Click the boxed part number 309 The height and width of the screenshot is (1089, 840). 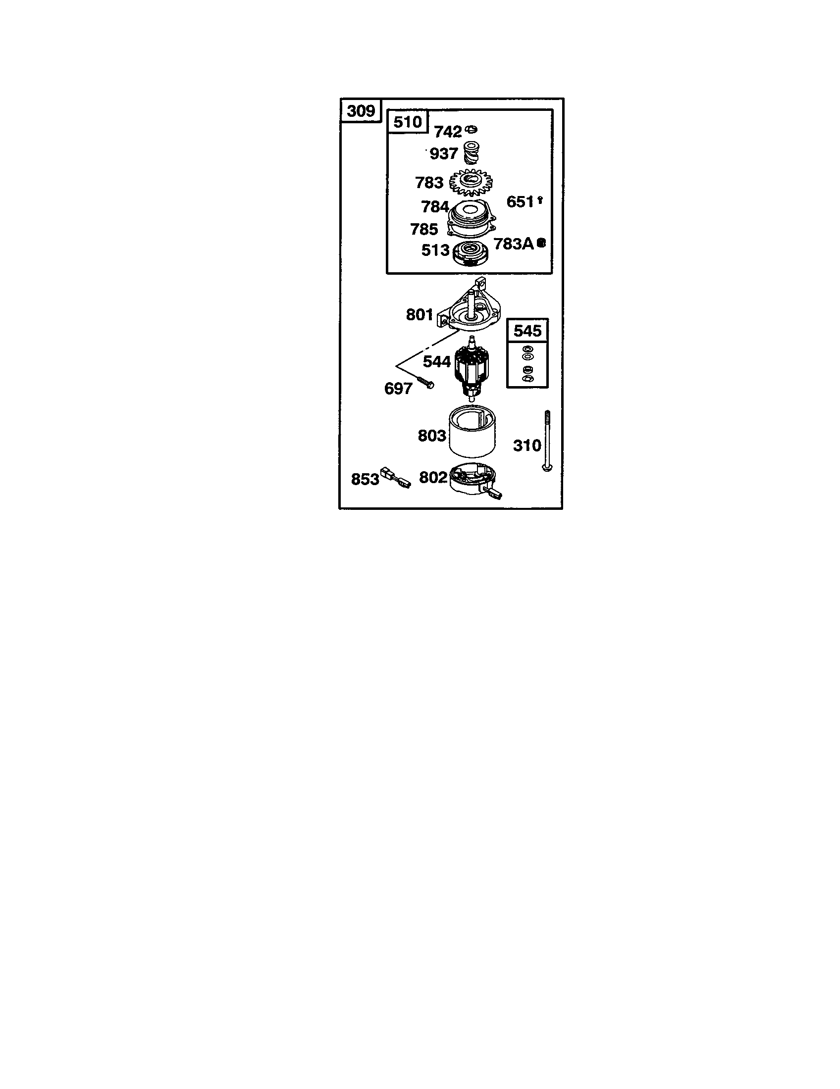[361, 110]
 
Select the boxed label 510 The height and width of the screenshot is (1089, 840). [408, 122]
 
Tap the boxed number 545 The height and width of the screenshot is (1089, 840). [527, 331]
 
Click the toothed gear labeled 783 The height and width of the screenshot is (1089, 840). [471, 183]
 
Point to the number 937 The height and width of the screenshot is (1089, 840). [443, 153]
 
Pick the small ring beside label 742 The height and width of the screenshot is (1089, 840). [471, 130]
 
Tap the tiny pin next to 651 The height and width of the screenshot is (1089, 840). [540, 200]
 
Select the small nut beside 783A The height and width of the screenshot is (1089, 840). [541, 244]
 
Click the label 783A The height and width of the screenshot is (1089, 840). [514, 244]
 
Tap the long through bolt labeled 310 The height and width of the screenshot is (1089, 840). [547, 441]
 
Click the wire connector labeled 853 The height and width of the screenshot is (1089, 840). [395, 477]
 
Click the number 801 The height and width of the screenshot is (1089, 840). [420, 315]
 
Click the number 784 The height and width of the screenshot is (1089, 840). [435, 206]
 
